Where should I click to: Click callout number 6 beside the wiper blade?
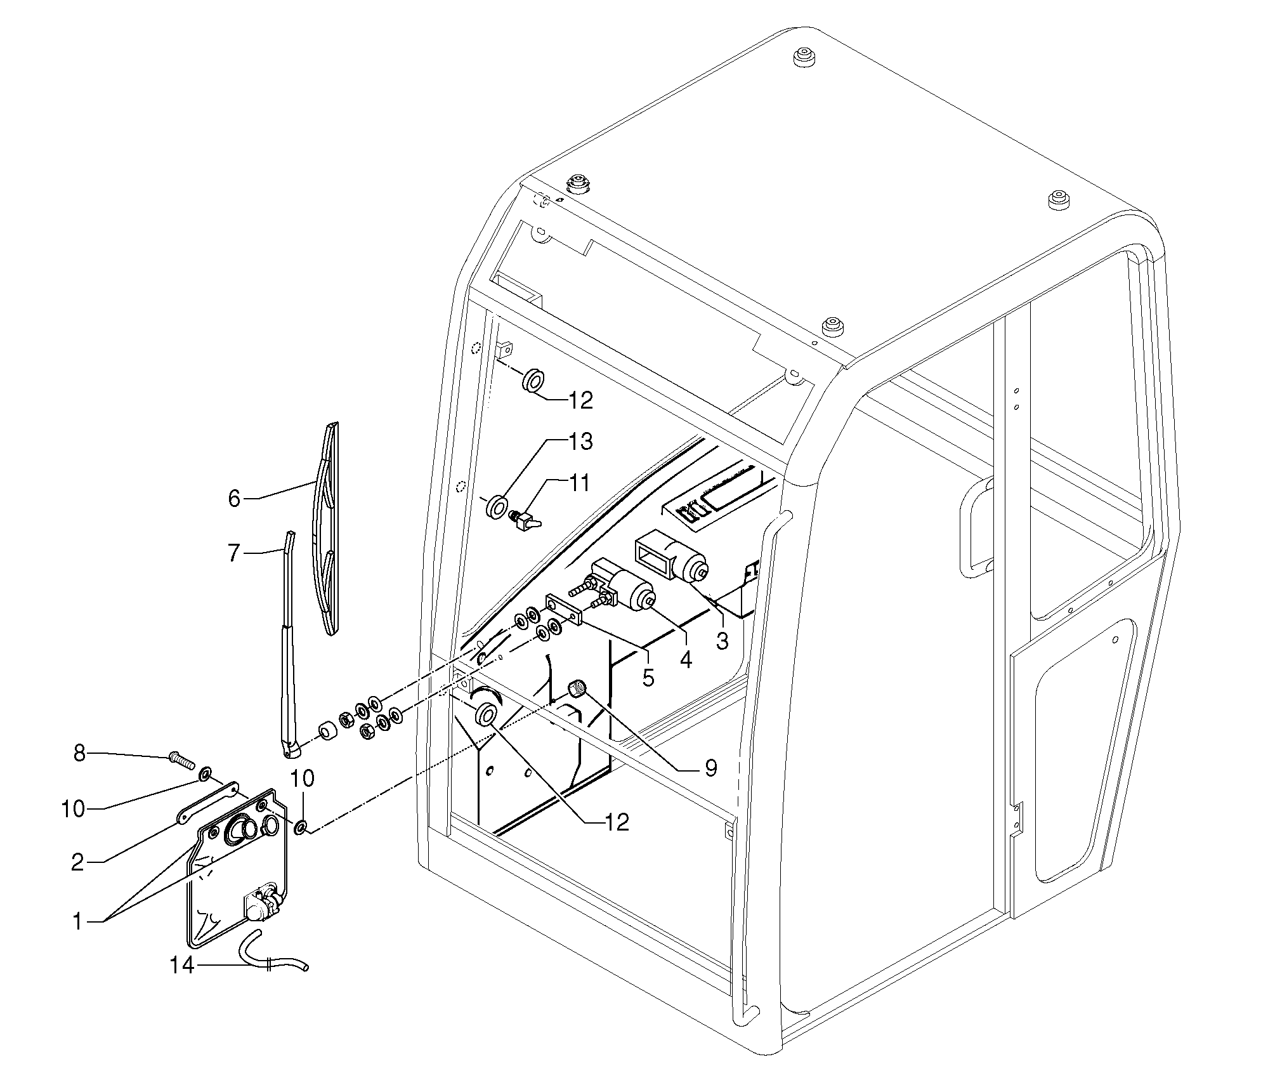point(234,499)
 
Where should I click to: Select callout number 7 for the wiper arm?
point(234,553)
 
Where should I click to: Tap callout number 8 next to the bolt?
point(79,754)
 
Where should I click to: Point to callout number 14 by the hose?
point(181,983)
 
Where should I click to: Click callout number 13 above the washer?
point(580,441)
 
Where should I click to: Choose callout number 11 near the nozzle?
point(579,483)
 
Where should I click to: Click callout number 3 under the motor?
point(723,641)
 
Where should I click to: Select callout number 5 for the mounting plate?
point(648,677)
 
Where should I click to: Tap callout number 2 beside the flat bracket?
point(77,863)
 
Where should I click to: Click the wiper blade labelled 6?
point(328,527)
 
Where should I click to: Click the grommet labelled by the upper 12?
point(533,382)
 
